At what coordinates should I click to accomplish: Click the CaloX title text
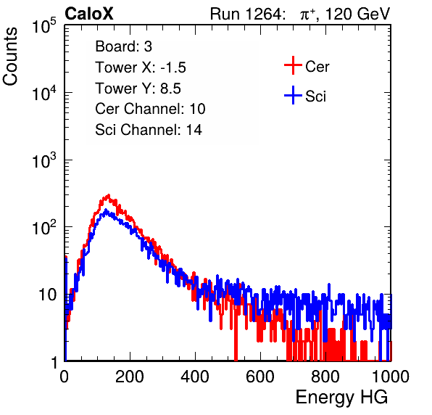coord(89,14)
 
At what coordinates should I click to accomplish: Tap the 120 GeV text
coord(357,14)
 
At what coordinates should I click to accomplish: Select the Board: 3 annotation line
coord(123,46)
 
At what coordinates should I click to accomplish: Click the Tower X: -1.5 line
coord(141,67)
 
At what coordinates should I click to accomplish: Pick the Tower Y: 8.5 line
coord(138,89)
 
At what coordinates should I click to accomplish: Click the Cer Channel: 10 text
coord(150,109)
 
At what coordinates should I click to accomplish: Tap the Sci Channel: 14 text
coord(149,130)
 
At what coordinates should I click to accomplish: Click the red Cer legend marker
coord(293,65)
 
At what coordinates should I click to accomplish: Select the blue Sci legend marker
coord(293,95)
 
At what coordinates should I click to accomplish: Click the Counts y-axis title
coord(10,56)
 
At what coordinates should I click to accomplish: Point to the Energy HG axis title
coord(341,398)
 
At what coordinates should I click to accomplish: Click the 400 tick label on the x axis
coord(195,377)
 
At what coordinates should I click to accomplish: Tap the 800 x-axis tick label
coord(325,377)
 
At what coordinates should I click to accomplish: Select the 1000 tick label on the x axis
coord(391,377)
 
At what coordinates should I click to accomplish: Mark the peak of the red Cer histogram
coord(109,195)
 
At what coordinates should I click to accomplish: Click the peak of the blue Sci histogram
coord(106,210)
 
